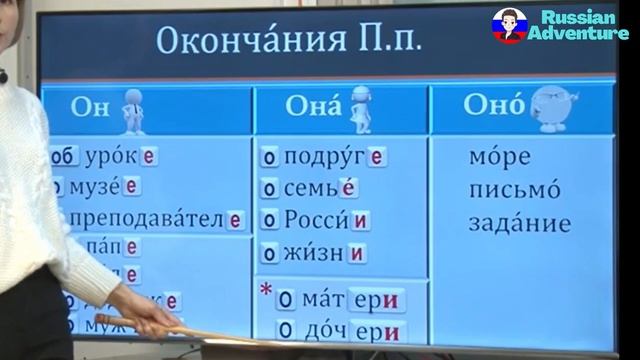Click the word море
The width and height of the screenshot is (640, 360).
tap(498, 158)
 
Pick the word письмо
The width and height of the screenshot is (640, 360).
tap(514, 190)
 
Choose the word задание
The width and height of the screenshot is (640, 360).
tap(519, 223)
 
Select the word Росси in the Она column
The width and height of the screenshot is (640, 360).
tap(316, 220)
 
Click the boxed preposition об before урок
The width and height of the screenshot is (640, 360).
tap(63, 158)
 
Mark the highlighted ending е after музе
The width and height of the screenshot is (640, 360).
tap(131, 187)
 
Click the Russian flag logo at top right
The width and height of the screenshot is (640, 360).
tap(509, 24)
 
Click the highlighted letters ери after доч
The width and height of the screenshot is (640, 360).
tap(381, 331)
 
